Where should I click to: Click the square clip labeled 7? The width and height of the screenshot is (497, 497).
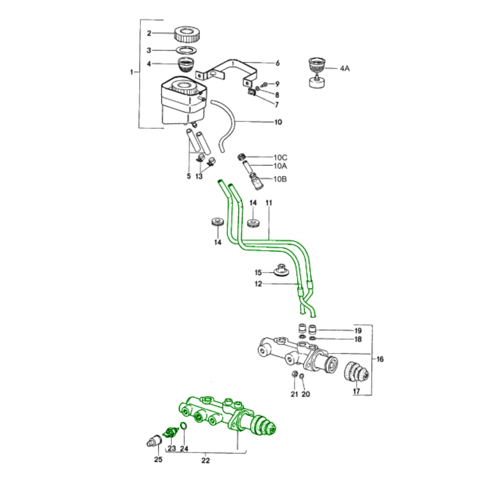tap(251, 92)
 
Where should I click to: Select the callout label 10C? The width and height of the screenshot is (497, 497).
tap(280, 157)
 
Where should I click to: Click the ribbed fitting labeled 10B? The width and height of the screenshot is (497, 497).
tap(257, 182)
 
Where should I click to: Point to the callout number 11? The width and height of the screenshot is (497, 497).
tap(269, 203)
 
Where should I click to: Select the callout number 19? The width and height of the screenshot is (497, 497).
tap(358, 331)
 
